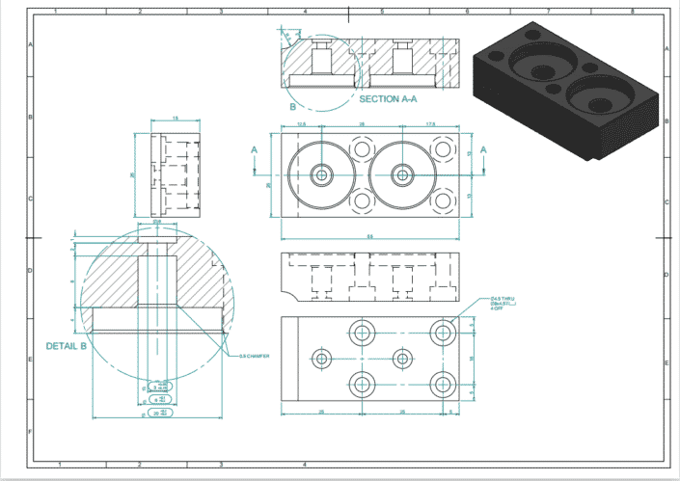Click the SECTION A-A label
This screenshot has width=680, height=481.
click(392, 99)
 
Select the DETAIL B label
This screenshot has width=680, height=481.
click(67, 345)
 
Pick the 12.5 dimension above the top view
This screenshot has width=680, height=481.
click(301, 125)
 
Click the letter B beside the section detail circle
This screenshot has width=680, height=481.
click(293, 107)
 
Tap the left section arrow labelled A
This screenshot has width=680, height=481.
click(255, 150)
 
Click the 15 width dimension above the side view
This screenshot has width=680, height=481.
click(175, 119)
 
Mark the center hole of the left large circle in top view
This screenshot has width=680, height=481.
click(321, 175)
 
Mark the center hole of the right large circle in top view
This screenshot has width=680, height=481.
click(402, 175)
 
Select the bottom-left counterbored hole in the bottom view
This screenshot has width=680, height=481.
click(363, 383)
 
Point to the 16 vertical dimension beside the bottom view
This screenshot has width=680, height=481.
click(473, 358)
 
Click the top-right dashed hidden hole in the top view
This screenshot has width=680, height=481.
click(444, 149)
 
